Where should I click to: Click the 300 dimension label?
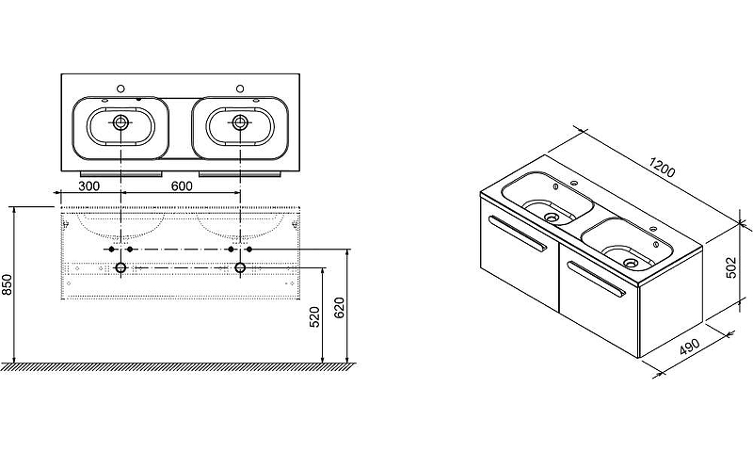tap(88, 186)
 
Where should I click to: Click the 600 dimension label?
tap(182, 186)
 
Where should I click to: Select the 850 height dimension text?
tap(7, 284)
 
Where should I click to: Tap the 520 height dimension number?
tap(314, 317)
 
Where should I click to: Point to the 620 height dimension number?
tap(339, 308)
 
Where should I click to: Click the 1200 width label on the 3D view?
tap(662, 167)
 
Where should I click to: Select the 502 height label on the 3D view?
tap(730, 267)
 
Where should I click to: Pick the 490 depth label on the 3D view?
tap(690, 347)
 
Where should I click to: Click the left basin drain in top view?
tap(120, 122)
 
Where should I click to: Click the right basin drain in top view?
tap(240, 122)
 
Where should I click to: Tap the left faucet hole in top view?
tap(121, 89)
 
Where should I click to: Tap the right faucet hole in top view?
tap(240, 89)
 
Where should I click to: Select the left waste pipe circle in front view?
tap(120, 267)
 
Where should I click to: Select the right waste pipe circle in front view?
tap(240, 267)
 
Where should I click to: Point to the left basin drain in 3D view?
tap(552, 218)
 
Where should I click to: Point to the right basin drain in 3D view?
tap(631, 263)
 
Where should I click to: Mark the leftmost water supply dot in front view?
tap(111, 250)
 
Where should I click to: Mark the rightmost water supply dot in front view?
tap(248, 250)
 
